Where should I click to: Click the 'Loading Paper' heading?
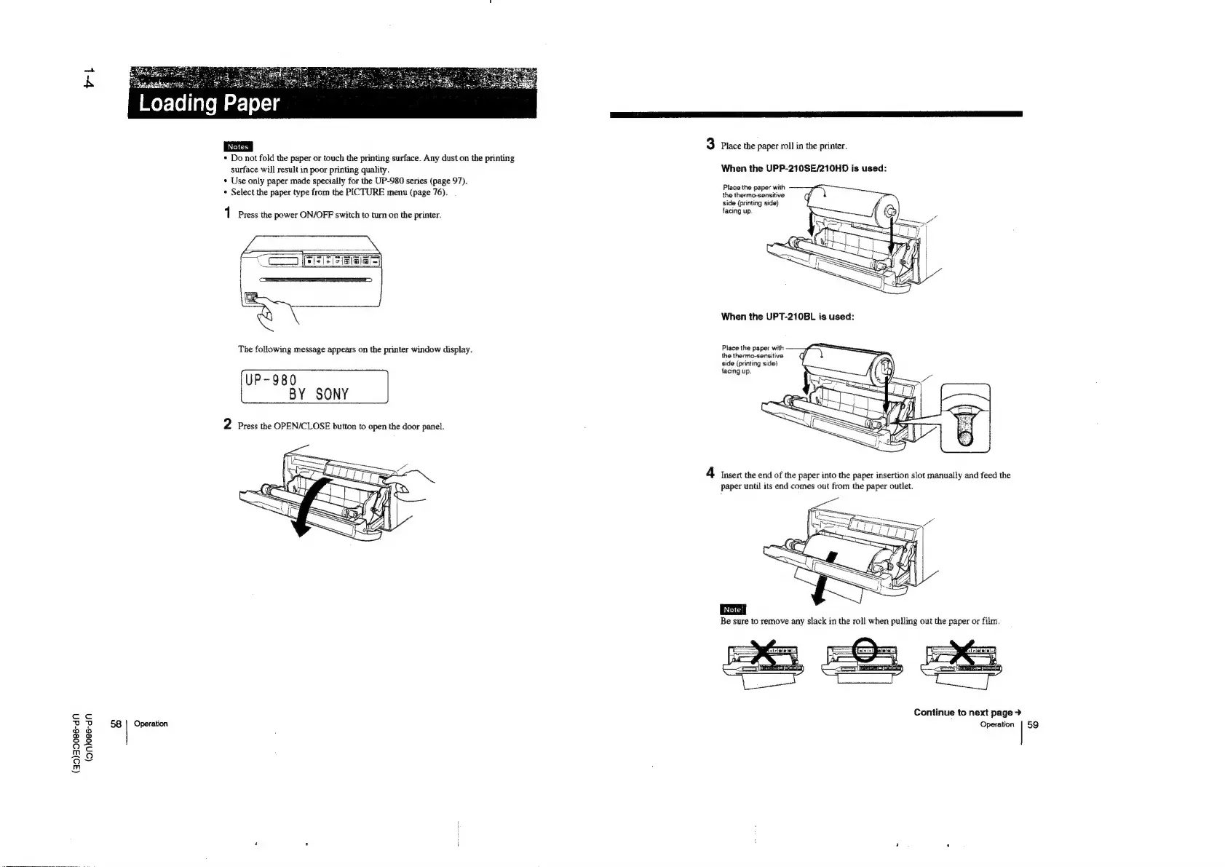tap(209, 103)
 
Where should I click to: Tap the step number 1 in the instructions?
tap(228, 214)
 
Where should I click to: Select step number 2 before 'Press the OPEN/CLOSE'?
tap(228, 424)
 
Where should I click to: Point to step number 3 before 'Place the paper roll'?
tap(710, 144)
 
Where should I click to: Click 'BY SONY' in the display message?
tap(319, 395)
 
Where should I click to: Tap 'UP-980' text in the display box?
tap(271, 380)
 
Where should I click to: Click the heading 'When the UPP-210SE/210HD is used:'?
tap(803, 169)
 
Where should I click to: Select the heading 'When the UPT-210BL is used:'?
tap(787, 317)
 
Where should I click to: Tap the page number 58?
tap(116, 724)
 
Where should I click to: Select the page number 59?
tap(1033, 724)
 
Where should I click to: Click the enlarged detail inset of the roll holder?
tap(965, 418)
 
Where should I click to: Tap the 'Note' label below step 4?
tap(731, 609)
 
